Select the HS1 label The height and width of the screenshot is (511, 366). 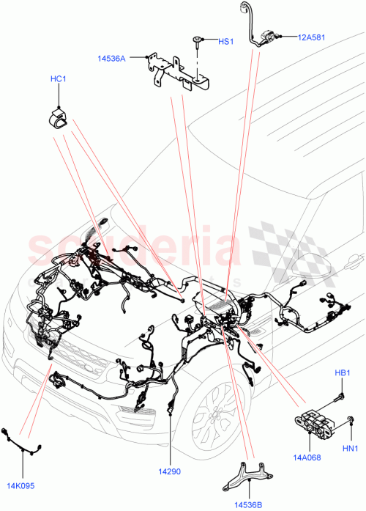point(225,42)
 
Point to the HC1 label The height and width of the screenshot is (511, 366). point(58,78)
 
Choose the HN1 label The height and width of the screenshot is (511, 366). point(351,448)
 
